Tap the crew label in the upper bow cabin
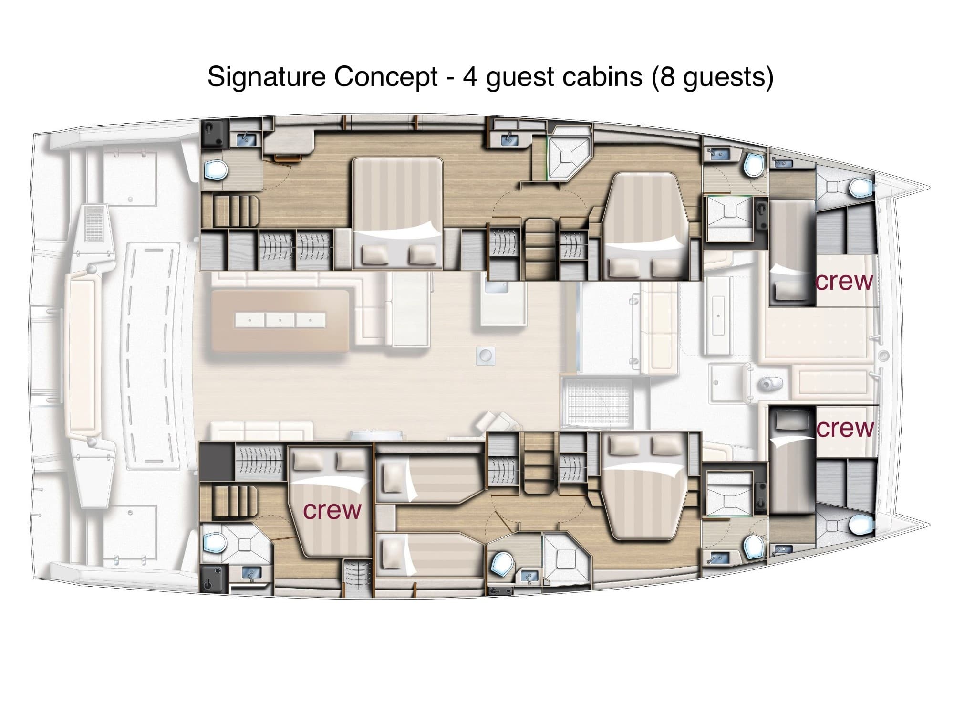[x=844, y=281]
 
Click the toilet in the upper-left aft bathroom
[x=215, y=169]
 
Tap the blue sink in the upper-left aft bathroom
[x=246, y=139]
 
